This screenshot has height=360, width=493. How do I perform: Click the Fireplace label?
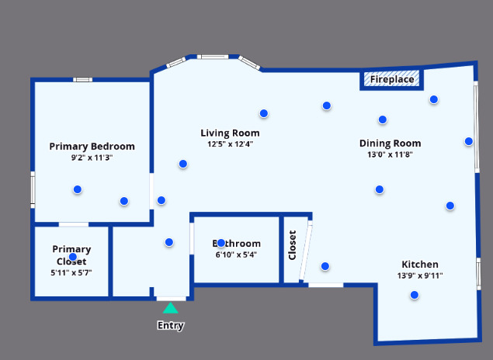[x=391, y=79]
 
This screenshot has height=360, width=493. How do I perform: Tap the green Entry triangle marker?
[x=170, y=309]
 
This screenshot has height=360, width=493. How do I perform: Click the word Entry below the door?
[x=170, y=326]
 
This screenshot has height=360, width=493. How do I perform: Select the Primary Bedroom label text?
[x=92, y=146]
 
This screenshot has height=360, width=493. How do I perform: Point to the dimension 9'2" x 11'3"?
[x=92, y=157]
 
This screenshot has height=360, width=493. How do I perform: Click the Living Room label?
[x=230, y=133]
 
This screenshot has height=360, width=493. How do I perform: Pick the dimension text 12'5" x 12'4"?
[x=230, y=144]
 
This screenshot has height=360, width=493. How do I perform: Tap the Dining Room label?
[x=390, y=143]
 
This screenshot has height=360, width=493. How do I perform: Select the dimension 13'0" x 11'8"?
[x=390, y=154]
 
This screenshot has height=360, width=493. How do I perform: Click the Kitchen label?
[x=419, y=264]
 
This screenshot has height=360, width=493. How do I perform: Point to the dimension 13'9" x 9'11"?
[x=419, y=275]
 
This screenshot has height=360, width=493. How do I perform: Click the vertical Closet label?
[x=293, y=244]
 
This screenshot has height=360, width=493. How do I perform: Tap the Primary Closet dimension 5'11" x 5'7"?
[x=71, y=272]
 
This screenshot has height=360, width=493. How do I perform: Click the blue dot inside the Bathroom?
[x=221, y=243]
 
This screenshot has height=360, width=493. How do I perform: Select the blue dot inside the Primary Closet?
[x=73, y=257]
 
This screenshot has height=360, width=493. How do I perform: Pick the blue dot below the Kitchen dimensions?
[x=415, y=295]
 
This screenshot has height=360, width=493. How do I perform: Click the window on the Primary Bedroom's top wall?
[x=83, y=79]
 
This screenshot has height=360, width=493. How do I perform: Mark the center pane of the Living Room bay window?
[x=211, y=57]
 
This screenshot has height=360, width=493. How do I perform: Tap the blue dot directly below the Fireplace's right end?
[x=434, y=99]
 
